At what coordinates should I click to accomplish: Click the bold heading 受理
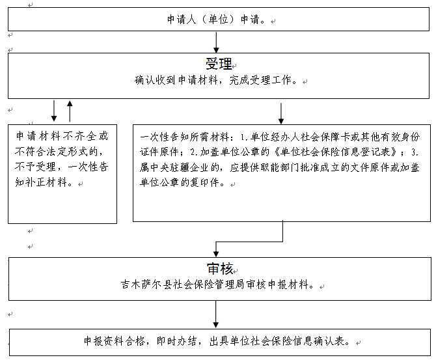(x=219, y=64)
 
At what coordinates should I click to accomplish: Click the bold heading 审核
(x=220, y=269)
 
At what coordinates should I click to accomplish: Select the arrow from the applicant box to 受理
(x=216, y=42)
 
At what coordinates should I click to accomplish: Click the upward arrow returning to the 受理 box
(x=70, y=111)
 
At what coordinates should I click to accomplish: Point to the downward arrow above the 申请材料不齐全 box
(x=54, y=111)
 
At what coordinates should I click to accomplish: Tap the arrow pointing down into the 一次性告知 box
(x=281, y=113)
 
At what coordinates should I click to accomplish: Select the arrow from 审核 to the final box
(x=216, y=314)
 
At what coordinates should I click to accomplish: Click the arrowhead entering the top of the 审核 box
(x=216, y=254)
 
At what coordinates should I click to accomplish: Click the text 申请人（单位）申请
(x=213, y=20)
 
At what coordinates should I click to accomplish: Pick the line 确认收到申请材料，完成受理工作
(x=213, y=80)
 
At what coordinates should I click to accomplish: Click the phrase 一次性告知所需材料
(x=184, y=137)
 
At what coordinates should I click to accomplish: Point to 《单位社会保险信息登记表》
(x=336, y=152)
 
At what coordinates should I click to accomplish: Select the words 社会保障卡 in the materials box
(x=325, y=137)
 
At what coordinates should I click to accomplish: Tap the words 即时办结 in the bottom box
(x=176, y=341)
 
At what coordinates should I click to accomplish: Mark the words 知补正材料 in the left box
(x=41, y=182)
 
